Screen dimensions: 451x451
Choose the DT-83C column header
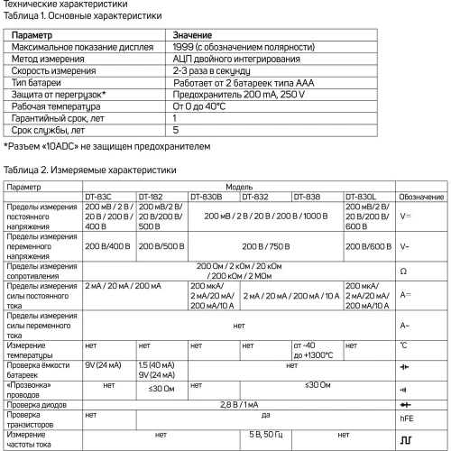click(x=99, y=196)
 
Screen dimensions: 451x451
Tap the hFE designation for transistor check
click(x=405, y=419)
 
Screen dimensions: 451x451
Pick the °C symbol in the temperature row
click(x=403, y=346)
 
